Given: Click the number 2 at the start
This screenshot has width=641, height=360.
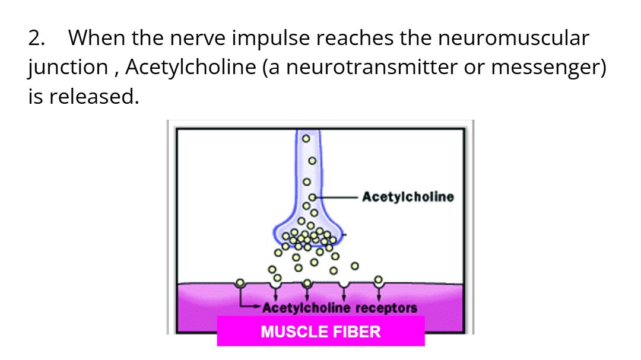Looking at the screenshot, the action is tap(36, 38).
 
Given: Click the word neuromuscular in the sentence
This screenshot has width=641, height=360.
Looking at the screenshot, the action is tap(513, 38).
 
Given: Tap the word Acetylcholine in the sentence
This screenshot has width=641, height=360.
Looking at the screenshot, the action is tap(191, 68).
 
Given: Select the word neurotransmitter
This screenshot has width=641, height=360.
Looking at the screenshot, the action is tap(372, 68).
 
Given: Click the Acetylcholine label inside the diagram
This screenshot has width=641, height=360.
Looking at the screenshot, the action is tap(408, 197).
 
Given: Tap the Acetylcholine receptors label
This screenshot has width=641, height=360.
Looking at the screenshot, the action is tap(339, 308).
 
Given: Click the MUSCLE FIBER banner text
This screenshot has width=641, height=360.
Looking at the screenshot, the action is tap(320, 332).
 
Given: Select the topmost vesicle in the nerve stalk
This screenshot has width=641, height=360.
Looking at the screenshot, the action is tap(306, 139).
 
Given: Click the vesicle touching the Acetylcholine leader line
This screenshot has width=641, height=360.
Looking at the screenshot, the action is tap(312, 197).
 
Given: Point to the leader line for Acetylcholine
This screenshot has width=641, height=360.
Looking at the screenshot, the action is tap(337, 197).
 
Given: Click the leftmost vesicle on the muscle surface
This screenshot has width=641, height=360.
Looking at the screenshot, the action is tap(240, 283).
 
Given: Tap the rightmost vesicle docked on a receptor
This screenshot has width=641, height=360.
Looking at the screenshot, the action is tap(379, 280).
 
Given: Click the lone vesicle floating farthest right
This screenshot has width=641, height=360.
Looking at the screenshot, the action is tap(355, 266).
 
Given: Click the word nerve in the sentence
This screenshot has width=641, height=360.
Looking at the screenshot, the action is tap(198, 38).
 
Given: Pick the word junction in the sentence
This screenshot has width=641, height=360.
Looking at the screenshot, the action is tap(68, 68).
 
